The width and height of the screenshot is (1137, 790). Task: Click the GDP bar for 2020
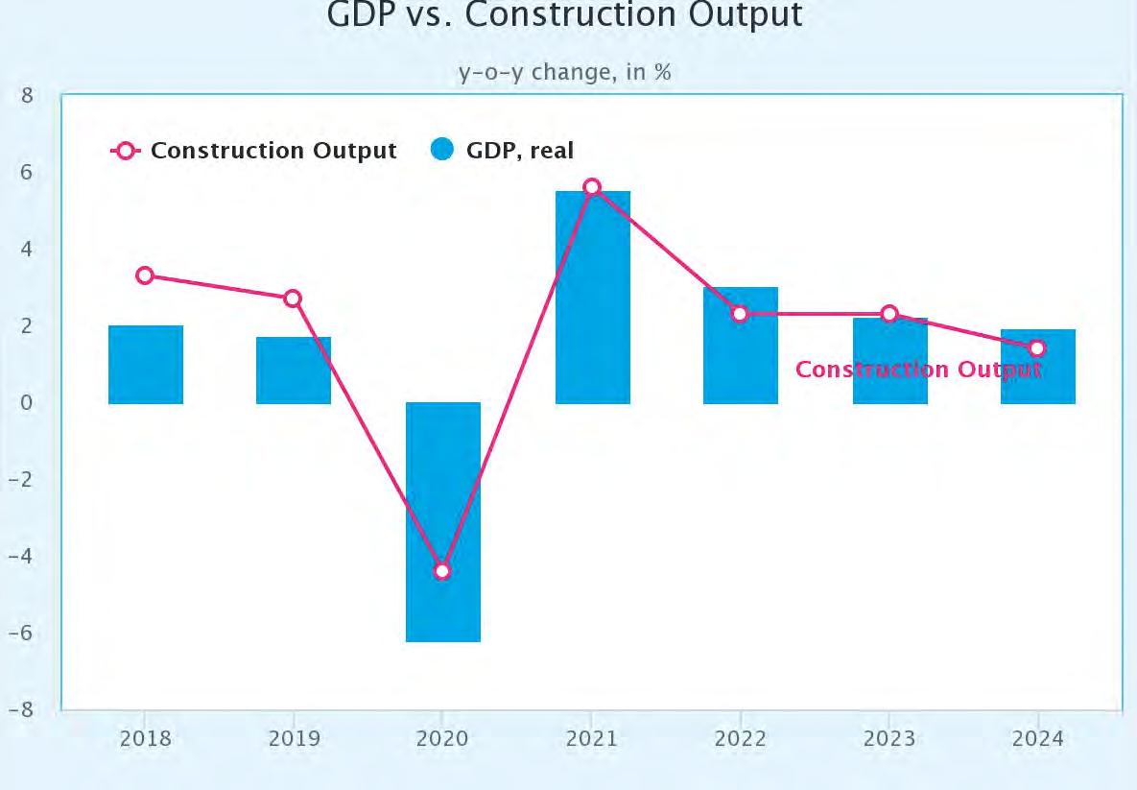[443, 521]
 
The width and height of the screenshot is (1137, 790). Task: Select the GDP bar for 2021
[593, 298]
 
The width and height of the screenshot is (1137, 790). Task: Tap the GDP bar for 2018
[146, 365]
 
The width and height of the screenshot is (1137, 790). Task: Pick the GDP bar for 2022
[741, 346]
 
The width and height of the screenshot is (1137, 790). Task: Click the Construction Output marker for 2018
[145, 275]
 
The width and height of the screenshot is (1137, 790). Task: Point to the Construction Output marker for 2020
[442, 571]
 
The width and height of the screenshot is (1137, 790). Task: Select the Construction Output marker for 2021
[592, 187]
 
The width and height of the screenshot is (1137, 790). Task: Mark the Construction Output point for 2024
[1037, 348]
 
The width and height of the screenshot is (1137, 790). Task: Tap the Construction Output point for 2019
[293, 299]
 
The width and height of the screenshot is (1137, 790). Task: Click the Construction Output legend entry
[254, 150]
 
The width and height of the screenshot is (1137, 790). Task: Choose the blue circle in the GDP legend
[441, 150]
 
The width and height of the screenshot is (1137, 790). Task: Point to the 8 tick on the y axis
[27, 95]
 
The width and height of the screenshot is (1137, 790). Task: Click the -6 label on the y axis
[21, 633]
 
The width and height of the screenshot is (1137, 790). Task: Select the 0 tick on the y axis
[27, 402]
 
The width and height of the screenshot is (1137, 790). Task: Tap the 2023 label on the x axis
[889, 738]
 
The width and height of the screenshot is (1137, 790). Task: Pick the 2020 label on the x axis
[442, 738]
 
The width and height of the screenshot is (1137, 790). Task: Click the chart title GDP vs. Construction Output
[565, 14]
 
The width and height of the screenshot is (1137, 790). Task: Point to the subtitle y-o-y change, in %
[565, 72]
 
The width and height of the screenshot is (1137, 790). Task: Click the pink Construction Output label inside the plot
[919, 370]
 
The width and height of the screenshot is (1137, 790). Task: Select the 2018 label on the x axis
[146, 738]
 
